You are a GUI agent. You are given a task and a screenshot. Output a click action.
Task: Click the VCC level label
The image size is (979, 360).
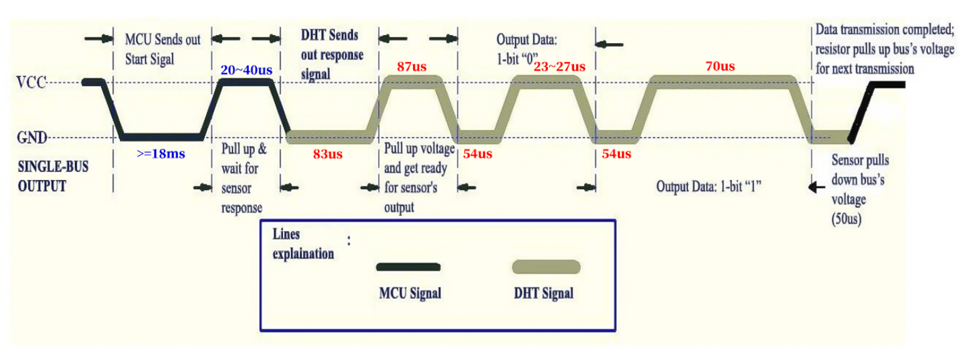pyautogui.click(x=31, y=82)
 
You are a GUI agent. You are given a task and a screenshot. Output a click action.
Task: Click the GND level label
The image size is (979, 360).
pyautogui.click(x=32, y=137)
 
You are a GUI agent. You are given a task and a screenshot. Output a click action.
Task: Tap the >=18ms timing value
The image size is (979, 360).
pyautogui.click(x=161, y=154)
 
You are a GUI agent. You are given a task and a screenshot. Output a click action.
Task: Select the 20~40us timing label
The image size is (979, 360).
pyautogui.click(x=247, y=70)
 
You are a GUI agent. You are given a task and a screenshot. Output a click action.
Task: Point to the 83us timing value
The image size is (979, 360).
pyautogui.click(x=328, y=154)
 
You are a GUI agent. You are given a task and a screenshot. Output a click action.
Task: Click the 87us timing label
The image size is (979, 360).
pyautogui.click(x=412, y=66)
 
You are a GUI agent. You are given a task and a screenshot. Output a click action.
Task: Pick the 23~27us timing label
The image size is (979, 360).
pyautogui.click(x=559, y=66)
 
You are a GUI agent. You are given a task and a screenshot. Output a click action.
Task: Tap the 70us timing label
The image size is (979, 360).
pyautogui.click(x=720, y=66)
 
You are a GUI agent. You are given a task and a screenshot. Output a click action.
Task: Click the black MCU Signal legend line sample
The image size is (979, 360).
pyautogui.click(x=408, y=267)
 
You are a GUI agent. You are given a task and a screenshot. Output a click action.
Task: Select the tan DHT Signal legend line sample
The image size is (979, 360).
pyautogui.click(x=546, y=267)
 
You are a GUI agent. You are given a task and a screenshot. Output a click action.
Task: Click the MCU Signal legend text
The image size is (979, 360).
pyautogui.click(x=410, y=293)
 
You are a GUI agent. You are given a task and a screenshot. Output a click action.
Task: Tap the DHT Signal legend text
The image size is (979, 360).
pyautogui.click(x=544, y=293)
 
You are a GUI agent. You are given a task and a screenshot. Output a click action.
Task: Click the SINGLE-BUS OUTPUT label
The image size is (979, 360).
pyautogui.click(x=53, y=176)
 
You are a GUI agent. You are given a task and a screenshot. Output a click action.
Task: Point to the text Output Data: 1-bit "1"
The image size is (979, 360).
pyautogui.click(x=708, y=187)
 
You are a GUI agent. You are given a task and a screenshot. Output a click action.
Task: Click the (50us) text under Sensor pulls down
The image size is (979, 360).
pyautogui.click(x=847, y=219)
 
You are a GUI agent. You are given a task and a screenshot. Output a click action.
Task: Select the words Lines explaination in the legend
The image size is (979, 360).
pyautogui.click(x=303, y=244)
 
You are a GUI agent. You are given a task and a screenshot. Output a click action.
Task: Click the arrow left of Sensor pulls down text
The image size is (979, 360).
pyautogui.click(x=817, y=187)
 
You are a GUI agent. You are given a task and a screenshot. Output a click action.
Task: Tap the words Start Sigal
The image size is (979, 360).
pyautogui.click(x=149, y=59)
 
